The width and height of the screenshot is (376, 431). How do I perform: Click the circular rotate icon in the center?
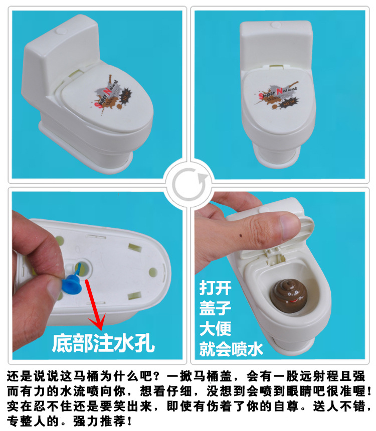click(x=187, y=183)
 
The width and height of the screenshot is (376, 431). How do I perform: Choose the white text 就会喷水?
click(x=231, y=348)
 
